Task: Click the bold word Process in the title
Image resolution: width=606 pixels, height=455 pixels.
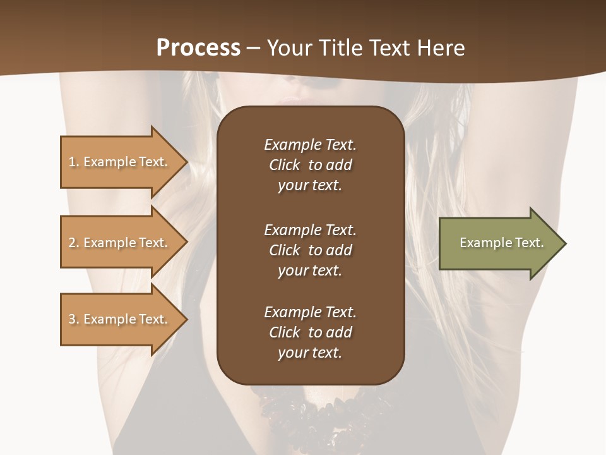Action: (x=198, y=48)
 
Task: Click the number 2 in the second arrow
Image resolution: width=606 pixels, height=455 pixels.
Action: (x=72, y=243)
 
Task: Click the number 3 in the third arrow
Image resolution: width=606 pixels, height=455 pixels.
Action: (x=72, y=319)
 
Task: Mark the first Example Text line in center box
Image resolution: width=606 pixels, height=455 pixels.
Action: (x=310, y=145)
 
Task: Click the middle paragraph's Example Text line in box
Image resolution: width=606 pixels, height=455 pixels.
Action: (x=310, y=230)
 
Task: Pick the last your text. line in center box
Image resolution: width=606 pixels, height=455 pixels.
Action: (x=310, y=353)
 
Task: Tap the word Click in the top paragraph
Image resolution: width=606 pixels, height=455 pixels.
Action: (x=285, y=165)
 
